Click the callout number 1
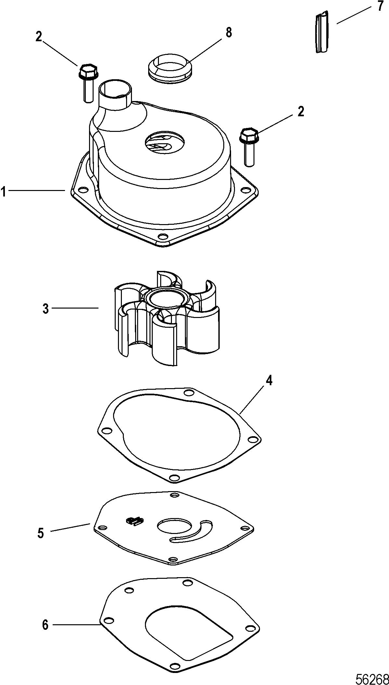pos(3,192)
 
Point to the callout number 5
pos(41,533)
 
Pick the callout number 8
pos(229,32)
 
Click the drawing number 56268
pos(371,678)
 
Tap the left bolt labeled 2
pos(87,82)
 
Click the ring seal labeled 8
pos(169,67)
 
